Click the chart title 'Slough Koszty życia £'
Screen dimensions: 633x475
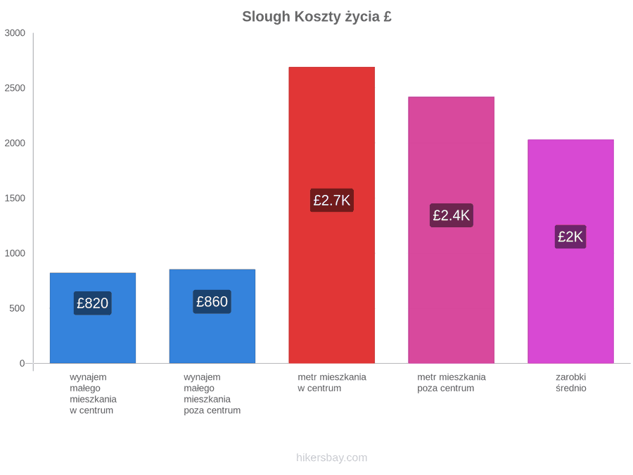pyautogui.click(x=317, y=17)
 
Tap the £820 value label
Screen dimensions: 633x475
pyautogui.click(x=92, y=303)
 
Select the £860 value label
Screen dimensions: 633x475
pyautogui.click(x=212, y=301)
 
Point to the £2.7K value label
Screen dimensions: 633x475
pyautogui.click(x=332, y=200)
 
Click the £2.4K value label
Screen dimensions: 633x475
pyautogui.click(x=452, y=215)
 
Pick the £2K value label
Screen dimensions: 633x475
pyautogui.click(x=570, y=236)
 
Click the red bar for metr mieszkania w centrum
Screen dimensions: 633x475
pyautogui.click(x=332, y=215)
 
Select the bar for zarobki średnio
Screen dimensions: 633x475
pyautogui.click(x=571, y=251)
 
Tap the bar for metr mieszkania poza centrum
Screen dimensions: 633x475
pyautogui.click(x=452, y=230)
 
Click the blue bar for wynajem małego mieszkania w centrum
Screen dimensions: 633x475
pyautogui.click(x=93, y=318)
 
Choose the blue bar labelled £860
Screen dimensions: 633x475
pyautogui.click(x=212, y=316)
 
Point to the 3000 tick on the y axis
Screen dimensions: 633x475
pyautogui.click(x=15, y=33)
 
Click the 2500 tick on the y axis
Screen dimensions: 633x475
pyautogui.click(x=15, y=88)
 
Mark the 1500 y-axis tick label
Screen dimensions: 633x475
pyautogui.click(x=15, y=198)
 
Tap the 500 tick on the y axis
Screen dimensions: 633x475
pyautogui.click(x=18, y=308)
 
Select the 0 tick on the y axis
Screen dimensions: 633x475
pyautogui.click(x=23, y=364)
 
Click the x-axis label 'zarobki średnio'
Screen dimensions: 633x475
pyautogui.click(x=571, y=383)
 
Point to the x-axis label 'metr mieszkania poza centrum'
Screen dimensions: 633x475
pyautogui.click(x=452, y=383)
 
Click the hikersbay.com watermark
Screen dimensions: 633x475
pyautogui.click(x=332, y=457)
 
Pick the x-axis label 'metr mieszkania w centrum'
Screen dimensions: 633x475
pyautogui.click(x=332, y=383)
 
